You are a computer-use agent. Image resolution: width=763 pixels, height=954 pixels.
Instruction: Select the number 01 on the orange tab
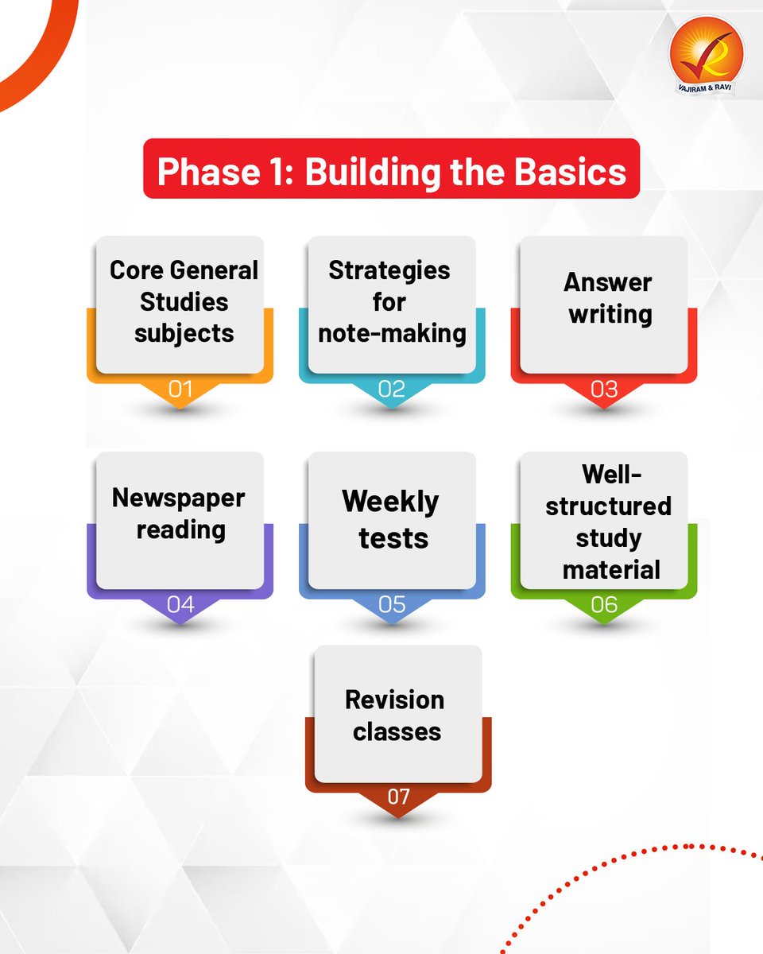coord(180,390)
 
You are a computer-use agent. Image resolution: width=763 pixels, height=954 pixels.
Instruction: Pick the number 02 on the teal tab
coord(392,390)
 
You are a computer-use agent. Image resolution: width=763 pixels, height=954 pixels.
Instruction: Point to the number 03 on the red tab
coord(604,390)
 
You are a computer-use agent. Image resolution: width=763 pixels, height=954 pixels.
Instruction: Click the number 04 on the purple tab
coord(180,604)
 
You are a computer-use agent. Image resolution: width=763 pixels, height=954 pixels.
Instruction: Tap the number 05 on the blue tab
coord(392,604)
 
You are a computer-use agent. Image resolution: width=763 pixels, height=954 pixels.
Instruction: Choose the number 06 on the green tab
coord(604,604)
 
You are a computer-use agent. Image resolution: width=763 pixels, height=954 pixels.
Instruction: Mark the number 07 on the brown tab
coord(398,796)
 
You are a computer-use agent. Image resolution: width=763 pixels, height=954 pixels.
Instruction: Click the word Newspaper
coord(179,498)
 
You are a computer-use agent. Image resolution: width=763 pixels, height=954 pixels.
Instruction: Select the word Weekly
coord(390,502)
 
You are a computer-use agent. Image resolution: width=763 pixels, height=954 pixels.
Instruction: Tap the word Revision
coord(395,700)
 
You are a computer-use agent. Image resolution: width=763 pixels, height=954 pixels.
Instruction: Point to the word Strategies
coord(389,270)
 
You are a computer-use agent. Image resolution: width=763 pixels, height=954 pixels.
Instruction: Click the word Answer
coord(608,282)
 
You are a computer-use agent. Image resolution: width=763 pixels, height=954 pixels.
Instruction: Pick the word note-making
coord(392,334)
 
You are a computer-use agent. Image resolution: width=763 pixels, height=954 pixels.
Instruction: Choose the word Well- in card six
coord(612,474)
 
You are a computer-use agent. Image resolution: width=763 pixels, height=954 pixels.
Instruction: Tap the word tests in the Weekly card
coord(393,538)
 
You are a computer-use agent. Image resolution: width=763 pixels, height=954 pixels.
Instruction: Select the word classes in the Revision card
coord(397,731)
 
